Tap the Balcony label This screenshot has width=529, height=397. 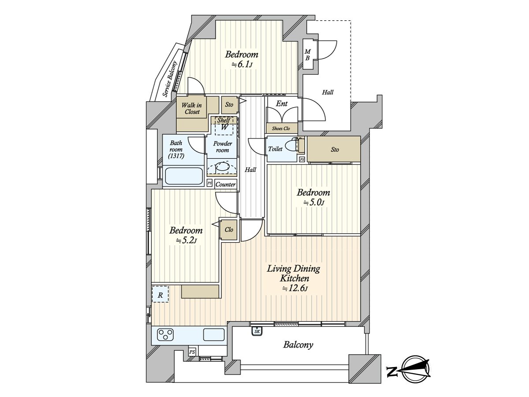[298, 345]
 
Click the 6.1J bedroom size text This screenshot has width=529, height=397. [242, 65]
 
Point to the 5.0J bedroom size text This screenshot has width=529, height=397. [313, 202]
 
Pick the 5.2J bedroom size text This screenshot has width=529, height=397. [186, 240]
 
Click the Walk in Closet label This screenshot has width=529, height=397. [192, 109]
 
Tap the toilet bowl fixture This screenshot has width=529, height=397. [292, 145]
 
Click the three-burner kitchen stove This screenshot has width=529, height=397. [166, 335]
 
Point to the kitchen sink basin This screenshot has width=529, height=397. [214, 335]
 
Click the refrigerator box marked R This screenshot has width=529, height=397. [160, 294]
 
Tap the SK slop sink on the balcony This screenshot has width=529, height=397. [257, 331]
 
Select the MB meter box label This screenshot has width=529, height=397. [307, 55]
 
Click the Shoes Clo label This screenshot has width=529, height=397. [281, 129]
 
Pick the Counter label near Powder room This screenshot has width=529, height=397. [225, 184]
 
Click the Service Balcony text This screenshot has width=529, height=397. [170, 79]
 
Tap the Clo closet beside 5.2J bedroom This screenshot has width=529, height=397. [229, 230]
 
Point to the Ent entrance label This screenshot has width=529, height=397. [282, 104]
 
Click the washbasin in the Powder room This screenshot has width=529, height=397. [222, 167]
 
